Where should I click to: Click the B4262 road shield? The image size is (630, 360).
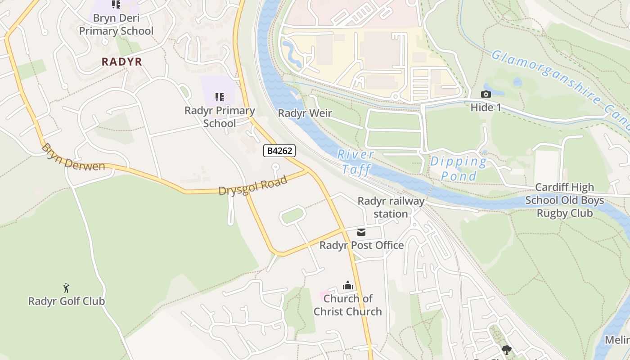click(279, 151)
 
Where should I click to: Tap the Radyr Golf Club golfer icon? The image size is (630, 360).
click(66, 288)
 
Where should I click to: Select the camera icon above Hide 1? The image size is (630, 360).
click(486, 94)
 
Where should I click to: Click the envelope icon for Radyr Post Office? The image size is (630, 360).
click(361, 232)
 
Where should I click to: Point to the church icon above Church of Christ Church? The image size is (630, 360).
click(347, 285)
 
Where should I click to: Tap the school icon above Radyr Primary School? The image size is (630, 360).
click(220, 97)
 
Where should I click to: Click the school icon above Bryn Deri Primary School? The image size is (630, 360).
click(116, 4)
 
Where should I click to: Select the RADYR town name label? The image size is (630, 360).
click(122, 62)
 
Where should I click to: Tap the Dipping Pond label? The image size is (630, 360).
click(459, 168)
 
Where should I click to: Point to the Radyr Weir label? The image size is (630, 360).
click(305, 113)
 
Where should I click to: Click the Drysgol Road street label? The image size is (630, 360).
click(252, 185)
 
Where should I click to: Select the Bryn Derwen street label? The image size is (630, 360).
click(72, 157)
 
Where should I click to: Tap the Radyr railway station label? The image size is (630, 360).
click(391, 207)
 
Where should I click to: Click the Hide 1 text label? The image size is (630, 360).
click(486, 108)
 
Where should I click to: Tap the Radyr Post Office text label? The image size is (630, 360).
click(361, 245)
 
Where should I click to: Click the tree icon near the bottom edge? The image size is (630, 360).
click(507, 350)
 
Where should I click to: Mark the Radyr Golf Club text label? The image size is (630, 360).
click(67, 301)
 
